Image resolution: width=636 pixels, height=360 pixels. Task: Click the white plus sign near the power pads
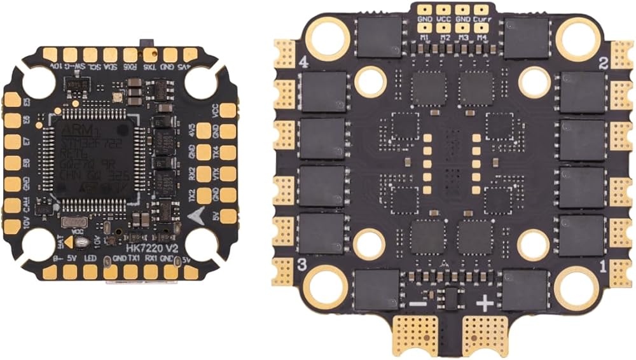coord(485,304)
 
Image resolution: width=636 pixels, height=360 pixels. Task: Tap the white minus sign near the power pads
coord(418,304)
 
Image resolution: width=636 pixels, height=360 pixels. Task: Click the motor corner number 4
coord(303,62)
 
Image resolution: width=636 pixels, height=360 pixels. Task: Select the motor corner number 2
coord(604,62)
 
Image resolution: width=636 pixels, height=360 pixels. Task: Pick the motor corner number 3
coord(303,264)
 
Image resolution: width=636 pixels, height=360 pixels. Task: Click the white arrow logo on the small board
coord(197,214)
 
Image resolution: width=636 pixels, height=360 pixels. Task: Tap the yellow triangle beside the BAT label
coord(68,242)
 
